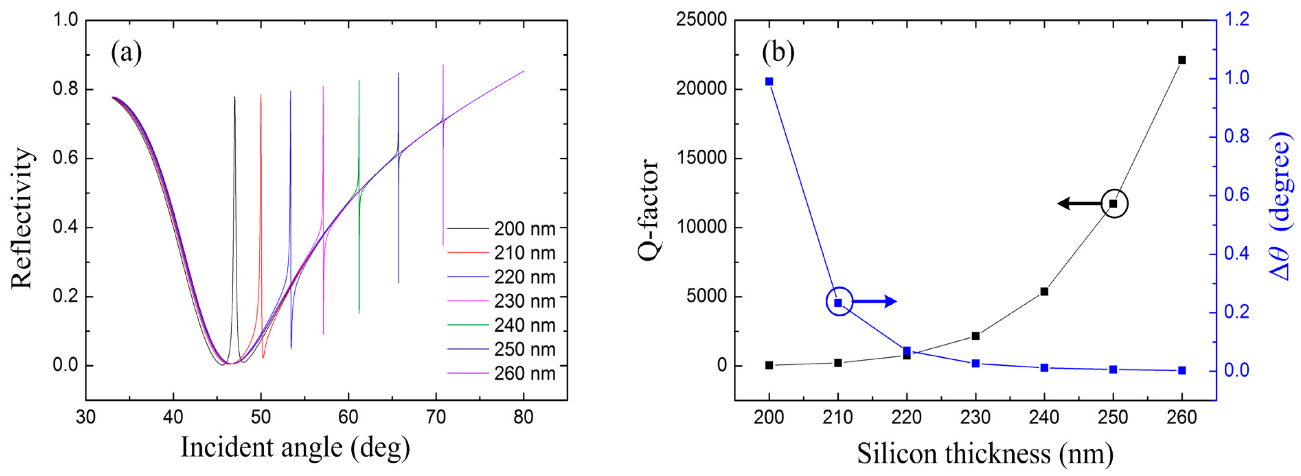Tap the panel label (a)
[x=126, y=52]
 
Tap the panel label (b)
[x=778, y=52]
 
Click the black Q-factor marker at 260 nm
[x=1182, y=60]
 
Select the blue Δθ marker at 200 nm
[x=769, y=81]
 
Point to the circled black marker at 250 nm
[x=1113, y=204]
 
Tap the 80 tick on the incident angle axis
[x=523, y=417]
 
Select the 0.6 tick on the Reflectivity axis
[x=66, y=158]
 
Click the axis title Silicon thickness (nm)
[x=985, y=453]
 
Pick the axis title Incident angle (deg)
[x=295, y=447]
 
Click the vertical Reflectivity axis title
[x=22, y=218]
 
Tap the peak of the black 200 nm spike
[x=234, y=97]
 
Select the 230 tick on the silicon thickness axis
[x=975, y=417]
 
